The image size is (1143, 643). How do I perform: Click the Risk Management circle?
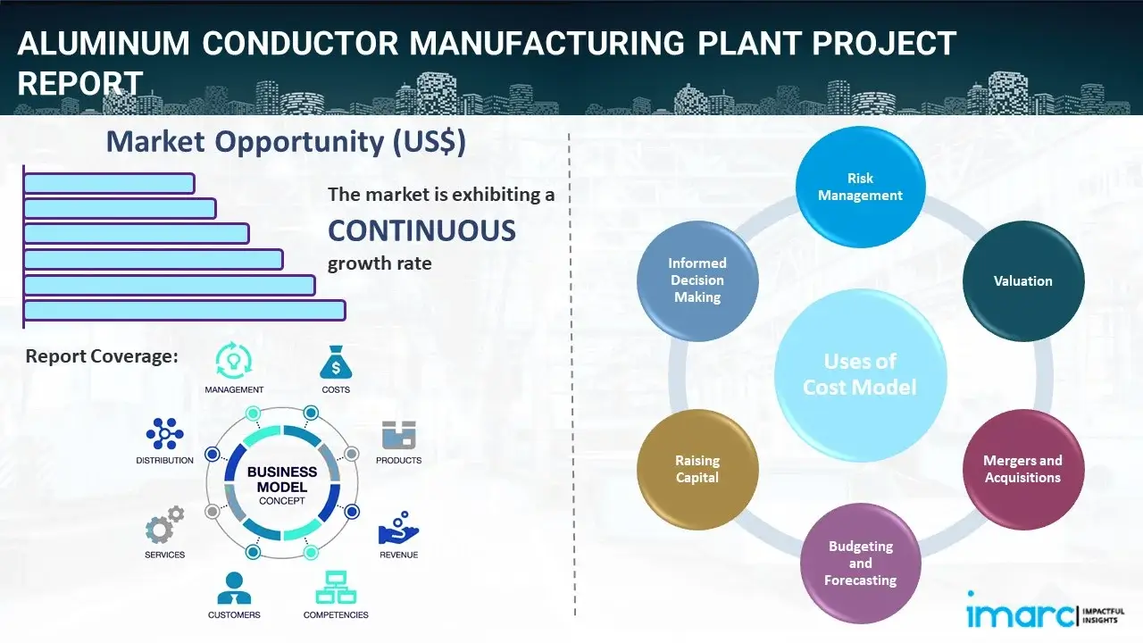point(860,188)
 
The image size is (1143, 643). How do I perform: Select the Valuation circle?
point(1022,281)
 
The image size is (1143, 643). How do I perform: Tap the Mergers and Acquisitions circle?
point(1022,469)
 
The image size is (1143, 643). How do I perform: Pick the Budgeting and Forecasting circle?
point(860,563)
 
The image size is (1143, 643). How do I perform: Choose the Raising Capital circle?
point(697,469)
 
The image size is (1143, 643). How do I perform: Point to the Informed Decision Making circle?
point(697,280)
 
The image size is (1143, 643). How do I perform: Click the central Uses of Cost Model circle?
point(860,374)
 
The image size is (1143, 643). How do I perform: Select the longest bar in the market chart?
point(184,310)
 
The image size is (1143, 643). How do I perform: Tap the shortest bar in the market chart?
point(109,183)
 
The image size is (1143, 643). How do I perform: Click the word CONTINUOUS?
point(421,231)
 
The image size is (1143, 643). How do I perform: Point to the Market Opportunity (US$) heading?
point(286,142)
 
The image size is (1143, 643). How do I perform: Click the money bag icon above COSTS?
point(336,363)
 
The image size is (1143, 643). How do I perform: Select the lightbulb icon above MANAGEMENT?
point(234,360)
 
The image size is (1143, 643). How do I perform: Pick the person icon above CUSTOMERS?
point(234,588)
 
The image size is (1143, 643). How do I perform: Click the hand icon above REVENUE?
point(397,529)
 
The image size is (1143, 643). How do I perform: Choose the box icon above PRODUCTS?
point(398,435)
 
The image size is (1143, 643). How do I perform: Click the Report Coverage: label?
point(102,356)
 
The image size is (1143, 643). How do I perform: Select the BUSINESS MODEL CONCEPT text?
point(282,486)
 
